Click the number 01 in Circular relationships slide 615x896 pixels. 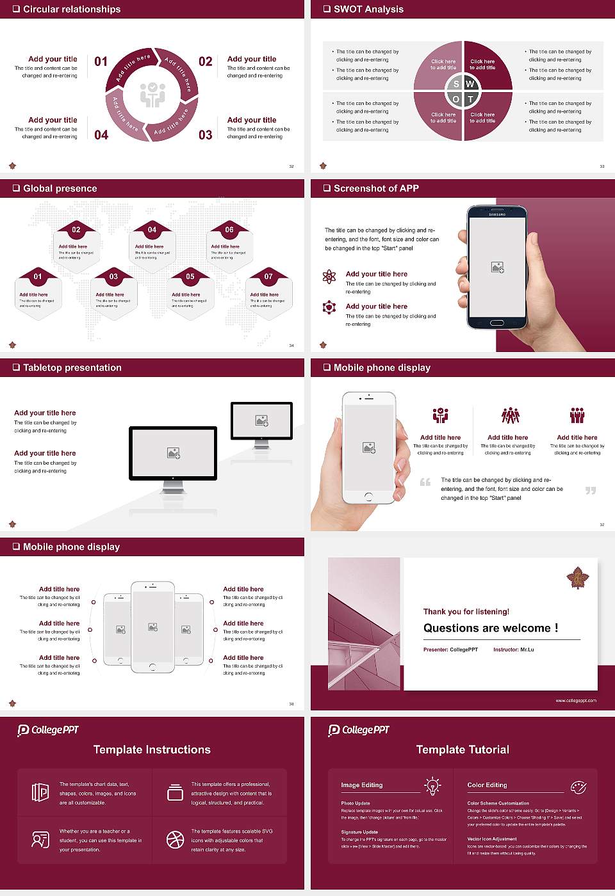click(x=101, y=61)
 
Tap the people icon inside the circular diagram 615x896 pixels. click(x=152, y=94)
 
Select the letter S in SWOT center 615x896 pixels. click(x=456, y=84)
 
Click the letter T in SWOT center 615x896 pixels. click(x=470, y=99)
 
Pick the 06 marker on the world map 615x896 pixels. click(x=229, y=230)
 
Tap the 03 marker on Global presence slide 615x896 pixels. click(x=113, y=276)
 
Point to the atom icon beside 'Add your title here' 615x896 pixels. click(x=329, y=276)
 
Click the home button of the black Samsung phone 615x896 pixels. click(x=497, y=323)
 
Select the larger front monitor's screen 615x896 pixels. click(x=173, y=453)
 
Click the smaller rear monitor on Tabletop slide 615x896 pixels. click(x=261, y=420)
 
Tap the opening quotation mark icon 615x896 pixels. click(x=425, y=482)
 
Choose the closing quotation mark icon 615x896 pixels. click(x=591, y=490)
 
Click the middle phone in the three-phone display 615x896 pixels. click(x=152, y=627)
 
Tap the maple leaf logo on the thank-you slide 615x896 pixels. click(x=578, y=579)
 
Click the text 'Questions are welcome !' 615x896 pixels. click(x=490, y=628)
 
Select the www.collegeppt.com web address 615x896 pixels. click(x=575, y=700)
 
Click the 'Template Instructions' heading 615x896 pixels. click(x=152, y=749)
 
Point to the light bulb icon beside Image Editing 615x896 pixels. click(x=432, y=785)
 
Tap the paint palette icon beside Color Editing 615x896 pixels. click(x=578, y=787)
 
